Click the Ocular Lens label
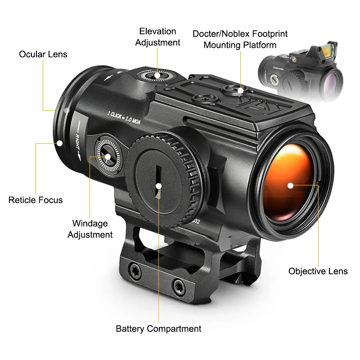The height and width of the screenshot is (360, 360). (x=43, y=54)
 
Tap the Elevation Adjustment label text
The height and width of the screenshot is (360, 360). (x=157, y=37)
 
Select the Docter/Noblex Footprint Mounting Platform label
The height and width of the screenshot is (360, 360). (x=240, y=40)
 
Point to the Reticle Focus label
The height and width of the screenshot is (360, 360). (x=36, y=200)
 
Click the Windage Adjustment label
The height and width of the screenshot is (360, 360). (x=90, y=229)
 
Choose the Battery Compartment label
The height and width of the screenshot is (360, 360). (x=158, y=328)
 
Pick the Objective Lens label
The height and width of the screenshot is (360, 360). (x=318, y=271)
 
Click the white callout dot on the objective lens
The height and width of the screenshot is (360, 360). (x=290, y=185)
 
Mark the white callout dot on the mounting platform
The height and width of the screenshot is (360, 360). (x=241, y=91)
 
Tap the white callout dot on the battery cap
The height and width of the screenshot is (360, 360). (x=158, y=185)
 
